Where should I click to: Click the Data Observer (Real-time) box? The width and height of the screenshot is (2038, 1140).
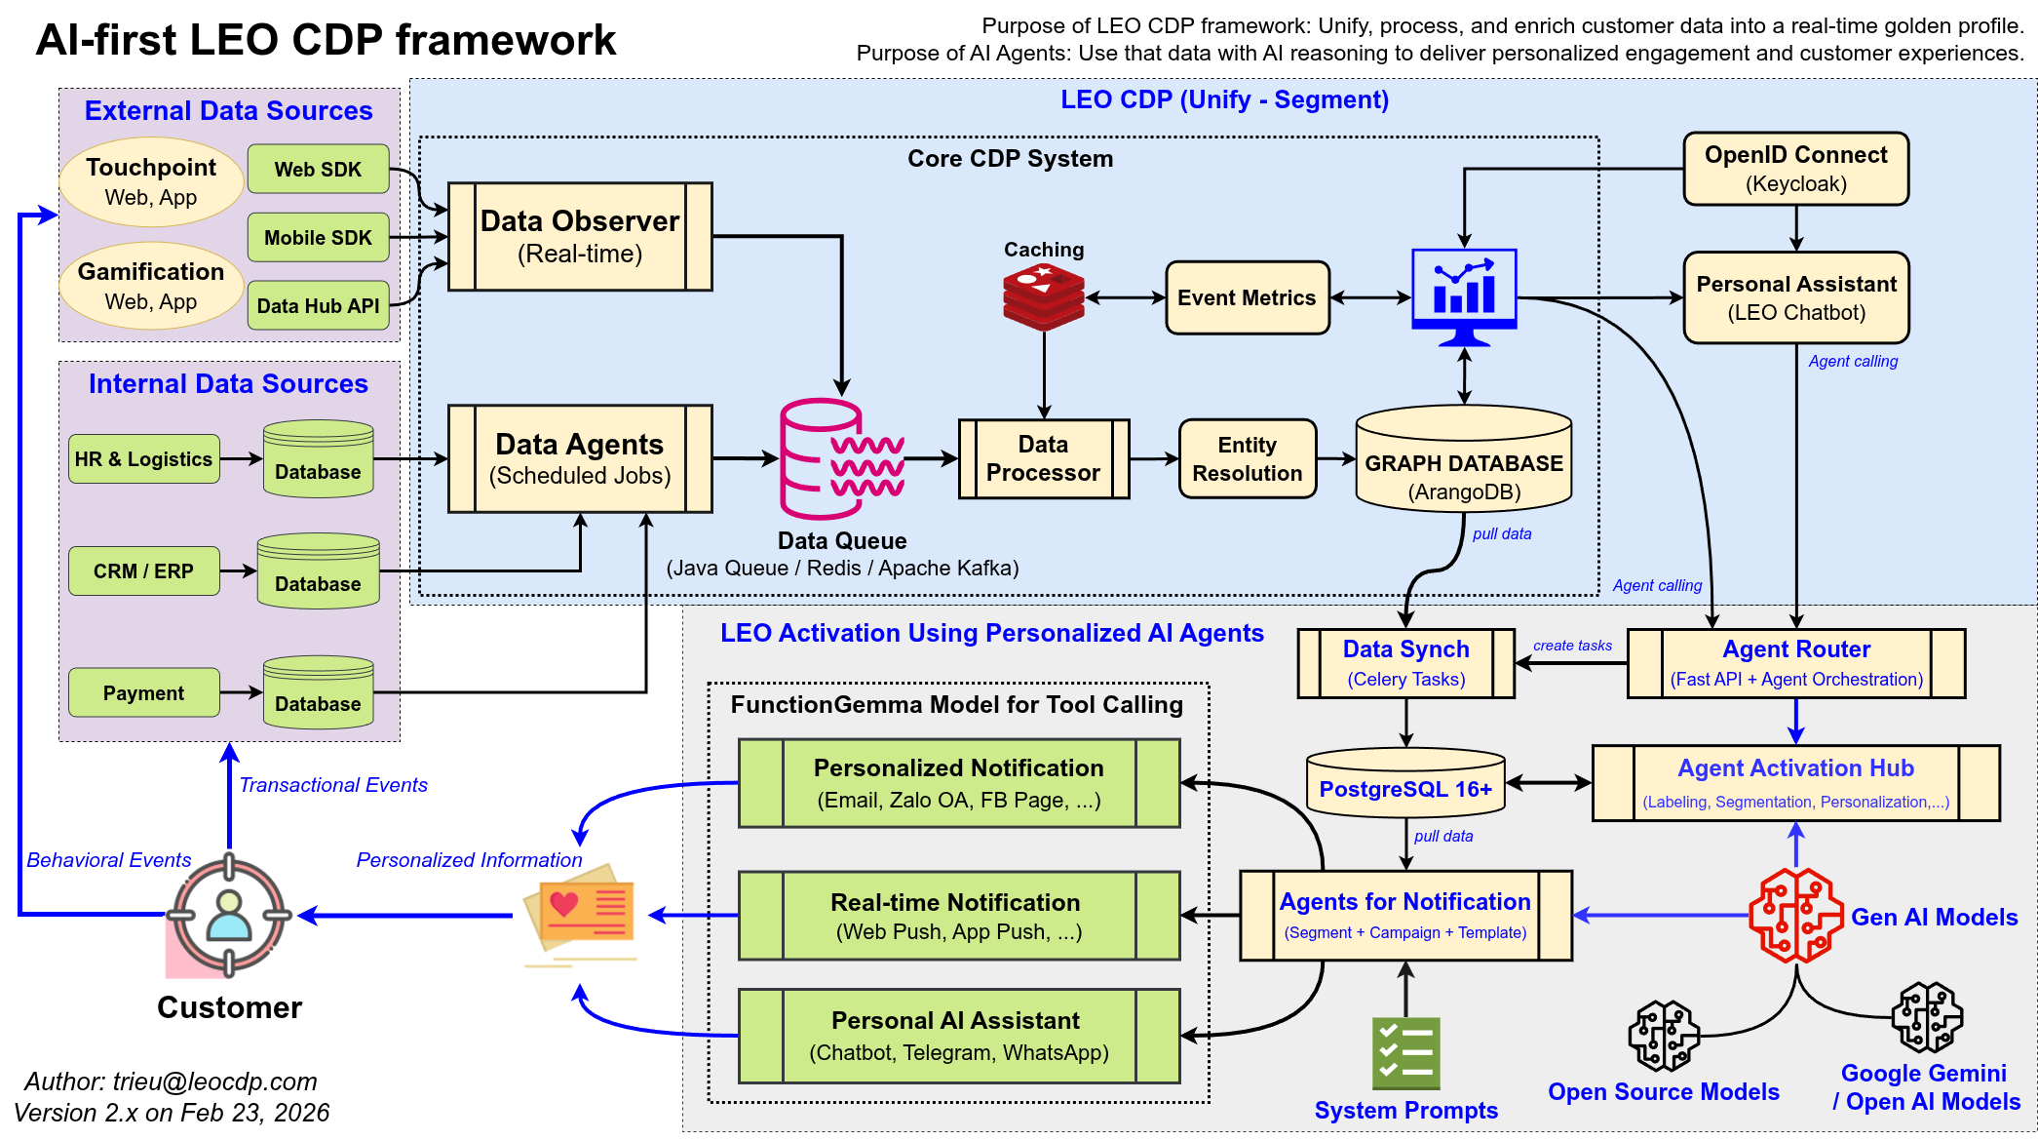coord(580,237)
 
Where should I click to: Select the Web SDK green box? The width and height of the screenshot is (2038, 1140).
coord(318,169)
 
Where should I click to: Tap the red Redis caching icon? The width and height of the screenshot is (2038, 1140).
coord(1043,297)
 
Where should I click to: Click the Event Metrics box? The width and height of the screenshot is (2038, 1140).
coord(1247,297)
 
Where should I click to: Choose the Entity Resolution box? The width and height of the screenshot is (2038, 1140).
coord(1247,459)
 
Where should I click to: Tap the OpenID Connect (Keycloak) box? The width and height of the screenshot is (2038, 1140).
coord(1795,169)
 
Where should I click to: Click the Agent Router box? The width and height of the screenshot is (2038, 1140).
coord(1795,663)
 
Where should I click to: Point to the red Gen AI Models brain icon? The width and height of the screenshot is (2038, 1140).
coord(1794,916)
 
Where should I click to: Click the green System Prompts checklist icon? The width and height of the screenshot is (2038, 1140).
coord(1405,1053)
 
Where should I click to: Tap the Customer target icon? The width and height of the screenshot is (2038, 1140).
coord(229,916)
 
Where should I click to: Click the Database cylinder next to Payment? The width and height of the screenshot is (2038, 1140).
coord(318,693)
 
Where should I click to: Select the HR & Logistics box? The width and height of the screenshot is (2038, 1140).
coord(143,459)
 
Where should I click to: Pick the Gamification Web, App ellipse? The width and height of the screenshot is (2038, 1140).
coord(151,286)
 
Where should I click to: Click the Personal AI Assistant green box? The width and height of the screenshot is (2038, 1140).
coord(958,1036)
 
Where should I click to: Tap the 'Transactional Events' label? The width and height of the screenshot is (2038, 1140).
coord(333,785)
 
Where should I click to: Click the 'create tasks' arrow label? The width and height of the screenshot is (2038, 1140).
coord(1572,646)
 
